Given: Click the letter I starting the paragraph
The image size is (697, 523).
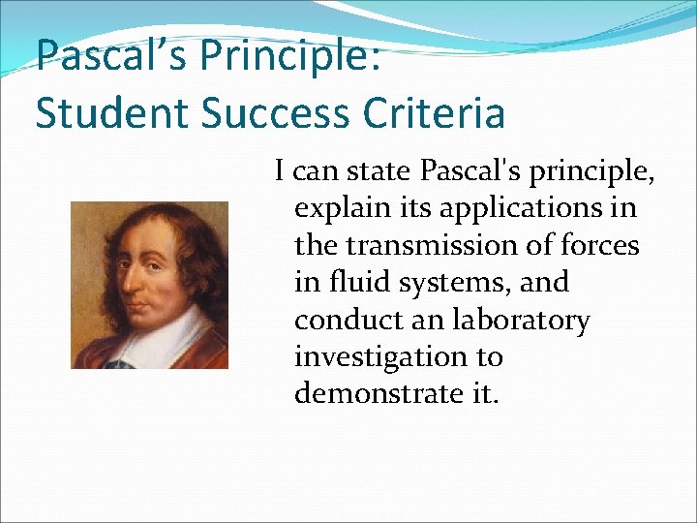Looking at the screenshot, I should pos(280,172).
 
